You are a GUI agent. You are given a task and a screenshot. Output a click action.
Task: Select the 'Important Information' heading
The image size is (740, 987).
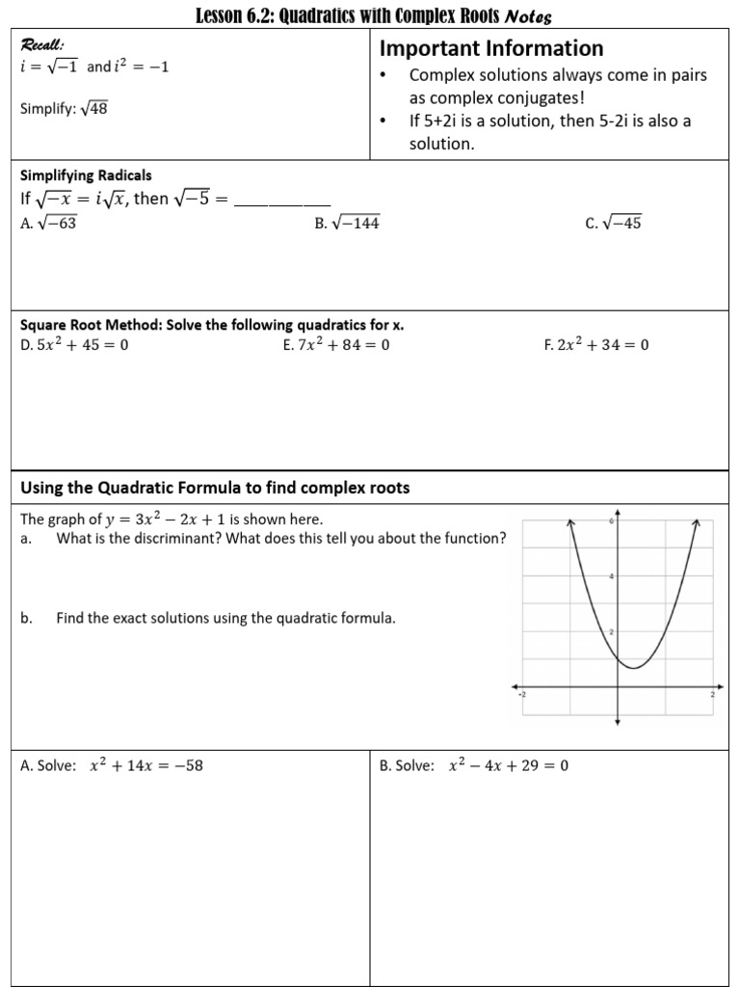tap(491, 48)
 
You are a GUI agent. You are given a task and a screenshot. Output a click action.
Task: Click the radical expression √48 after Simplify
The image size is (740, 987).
tap(93, 109)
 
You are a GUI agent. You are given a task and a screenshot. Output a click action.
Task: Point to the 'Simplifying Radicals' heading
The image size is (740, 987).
tap(86, 175)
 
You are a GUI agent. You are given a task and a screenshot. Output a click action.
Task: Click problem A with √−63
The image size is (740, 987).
tap(48, 223)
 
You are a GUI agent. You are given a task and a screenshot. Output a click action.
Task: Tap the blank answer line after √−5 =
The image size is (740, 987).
tap(282, 200)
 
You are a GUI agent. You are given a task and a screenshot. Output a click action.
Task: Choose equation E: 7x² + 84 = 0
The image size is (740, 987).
tap(336, 345)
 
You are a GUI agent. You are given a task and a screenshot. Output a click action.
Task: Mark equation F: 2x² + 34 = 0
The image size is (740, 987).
tap(596, 345)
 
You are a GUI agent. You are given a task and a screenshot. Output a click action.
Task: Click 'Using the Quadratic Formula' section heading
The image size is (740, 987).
tap(215, 488)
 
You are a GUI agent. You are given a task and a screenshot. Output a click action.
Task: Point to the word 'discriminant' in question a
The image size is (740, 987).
tap(172, 539)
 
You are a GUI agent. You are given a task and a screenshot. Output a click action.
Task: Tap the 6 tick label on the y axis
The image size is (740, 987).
tap(611, 520)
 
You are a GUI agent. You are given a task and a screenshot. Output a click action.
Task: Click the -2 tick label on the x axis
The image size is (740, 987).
tap(522, 695)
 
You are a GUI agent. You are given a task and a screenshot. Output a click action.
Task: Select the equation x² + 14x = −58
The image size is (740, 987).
tap(145, 766)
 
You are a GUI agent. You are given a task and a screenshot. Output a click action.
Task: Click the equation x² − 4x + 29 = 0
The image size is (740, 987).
tap(509, 766)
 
